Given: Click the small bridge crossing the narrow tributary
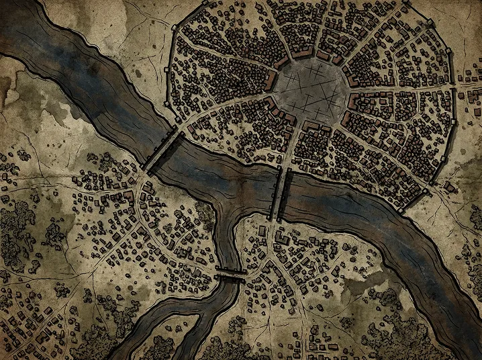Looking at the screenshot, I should (231, 272).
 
